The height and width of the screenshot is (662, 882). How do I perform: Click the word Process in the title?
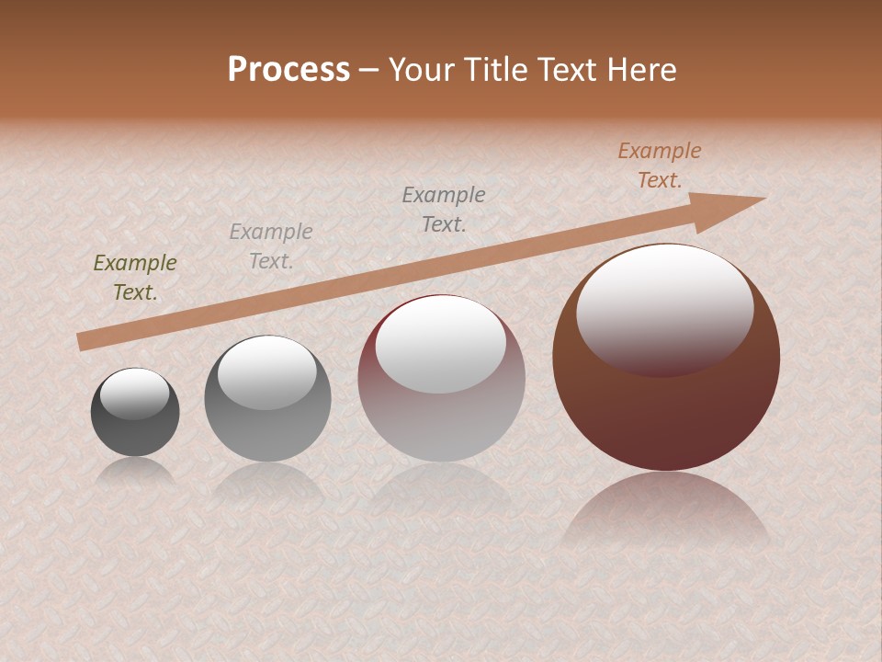288,70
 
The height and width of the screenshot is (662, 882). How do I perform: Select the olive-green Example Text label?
135,277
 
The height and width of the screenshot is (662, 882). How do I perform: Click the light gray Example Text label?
271,246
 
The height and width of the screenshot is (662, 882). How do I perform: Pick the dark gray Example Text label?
444,209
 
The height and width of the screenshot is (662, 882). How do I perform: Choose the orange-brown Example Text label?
660,165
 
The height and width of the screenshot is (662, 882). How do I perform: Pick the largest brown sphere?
666,405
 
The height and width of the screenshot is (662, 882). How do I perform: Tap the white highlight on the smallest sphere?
135,394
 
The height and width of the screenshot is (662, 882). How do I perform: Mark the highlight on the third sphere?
441,345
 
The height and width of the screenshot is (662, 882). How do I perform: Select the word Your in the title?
421,70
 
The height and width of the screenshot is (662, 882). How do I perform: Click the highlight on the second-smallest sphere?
267,372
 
